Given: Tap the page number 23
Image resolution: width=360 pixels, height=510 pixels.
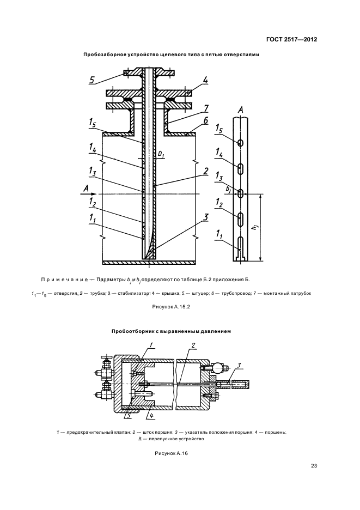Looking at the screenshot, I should tap(314, 465).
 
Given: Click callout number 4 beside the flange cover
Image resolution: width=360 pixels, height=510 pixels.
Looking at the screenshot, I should tap(205, 81).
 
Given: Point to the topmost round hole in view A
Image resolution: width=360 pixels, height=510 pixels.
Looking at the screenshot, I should tap(240, 142).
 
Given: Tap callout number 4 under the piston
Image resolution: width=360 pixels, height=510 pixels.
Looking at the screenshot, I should tap(151, 417).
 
